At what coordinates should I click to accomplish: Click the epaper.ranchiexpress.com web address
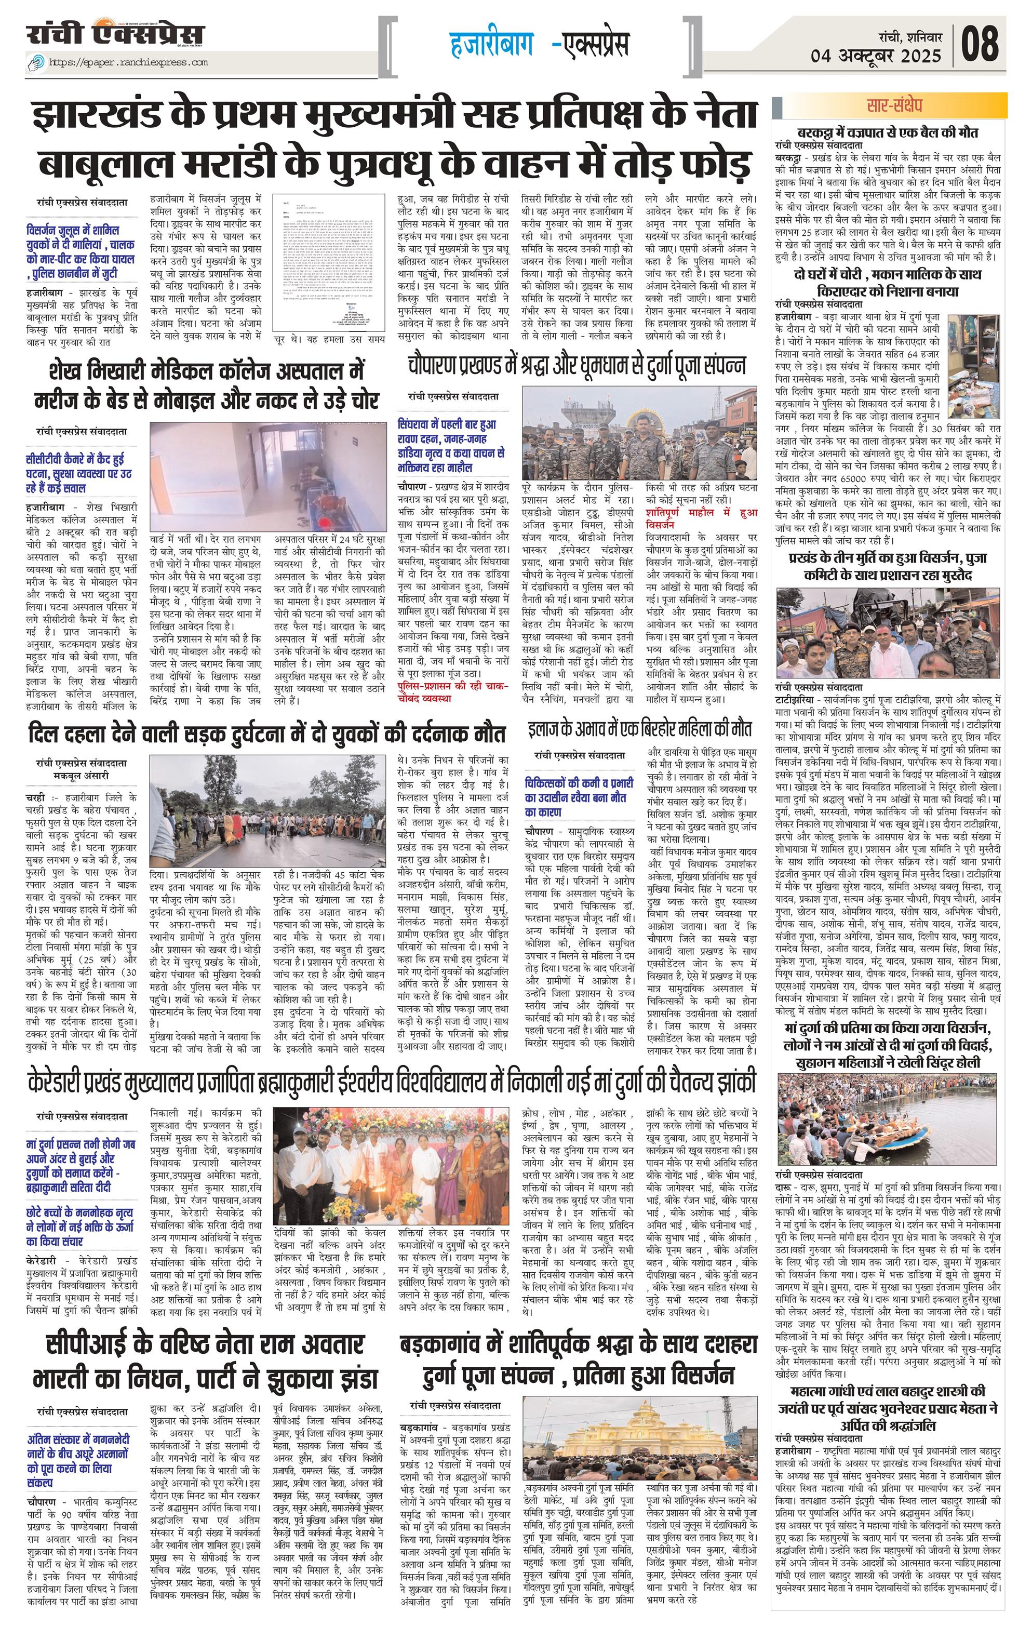coord(128,63)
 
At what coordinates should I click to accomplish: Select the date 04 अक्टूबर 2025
coord(876,56)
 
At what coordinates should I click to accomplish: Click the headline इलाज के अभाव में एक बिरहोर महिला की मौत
coord(639,730)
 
